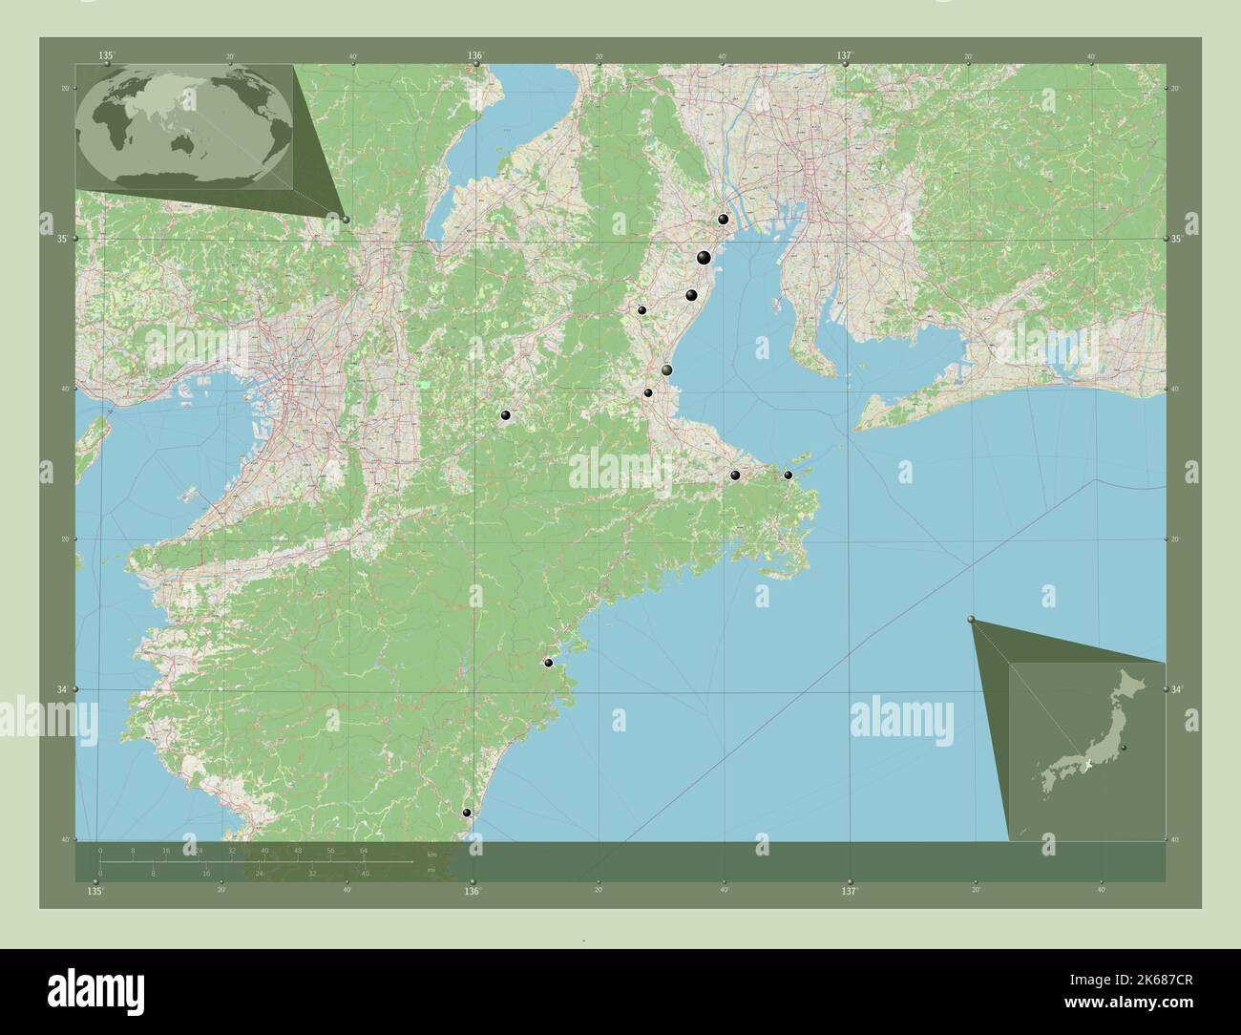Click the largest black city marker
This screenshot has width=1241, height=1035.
704,257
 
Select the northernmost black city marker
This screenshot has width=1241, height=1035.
724,220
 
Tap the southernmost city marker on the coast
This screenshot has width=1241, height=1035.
467,813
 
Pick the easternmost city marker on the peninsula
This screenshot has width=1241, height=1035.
788,475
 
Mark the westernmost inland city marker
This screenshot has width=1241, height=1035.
505,415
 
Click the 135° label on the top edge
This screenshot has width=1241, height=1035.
106,56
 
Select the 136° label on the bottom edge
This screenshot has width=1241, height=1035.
472,892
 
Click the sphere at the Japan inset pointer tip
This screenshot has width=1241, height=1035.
972,621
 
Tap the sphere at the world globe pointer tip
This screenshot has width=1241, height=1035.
346,220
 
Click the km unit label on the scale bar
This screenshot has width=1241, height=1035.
432,854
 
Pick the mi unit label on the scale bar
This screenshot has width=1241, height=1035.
431,870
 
